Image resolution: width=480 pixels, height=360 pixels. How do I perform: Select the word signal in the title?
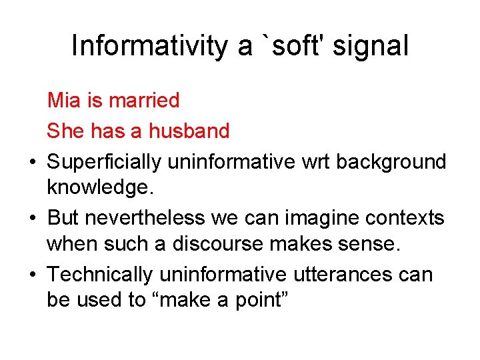point(373,46)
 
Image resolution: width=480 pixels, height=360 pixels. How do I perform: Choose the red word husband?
point(189,131)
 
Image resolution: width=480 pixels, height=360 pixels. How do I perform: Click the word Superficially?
point(105,161)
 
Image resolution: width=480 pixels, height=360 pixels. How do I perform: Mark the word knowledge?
point(100,187)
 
